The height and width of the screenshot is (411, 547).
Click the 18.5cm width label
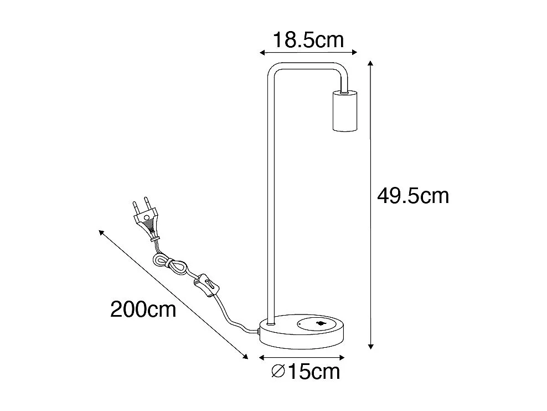308,39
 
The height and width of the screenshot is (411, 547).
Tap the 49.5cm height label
412,196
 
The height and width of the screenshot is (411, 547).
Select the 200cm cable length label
143,308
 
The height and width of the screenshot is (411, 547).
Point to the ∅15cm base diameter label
306,371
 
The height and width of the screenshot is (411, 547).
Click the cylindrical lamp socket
343,111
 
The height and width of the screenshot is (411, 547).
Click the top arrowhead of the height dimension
371,65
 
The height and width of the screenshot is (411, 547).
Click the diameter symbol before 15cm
278,371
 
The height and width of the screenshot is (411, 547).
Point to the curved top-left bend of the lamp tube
272,72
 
